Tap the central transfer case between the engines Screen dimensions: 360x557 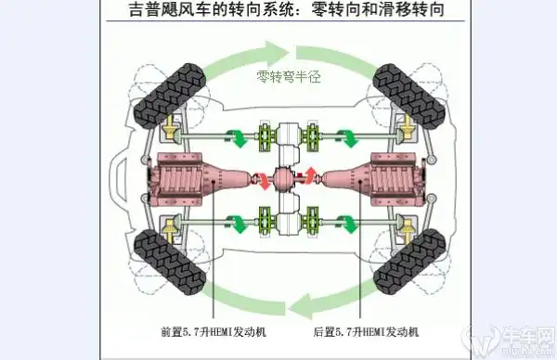coord(287,176)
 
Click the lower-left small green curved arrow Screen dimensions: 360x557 coord(240,222)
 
